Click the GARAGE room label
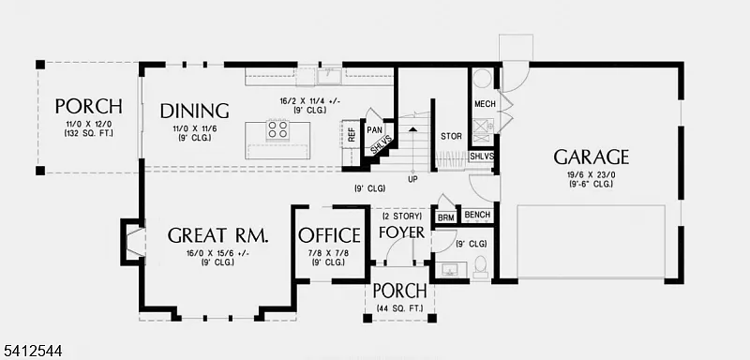click(x=591, y=157)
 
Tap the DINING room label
click(x=194, y=110)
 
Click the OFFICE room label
click(x=329, y=234)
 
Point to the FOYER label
click(x=401, y=232)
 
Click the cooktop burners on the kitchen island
click(x=278, y=129)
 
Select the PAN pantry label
click(x=374, y=129)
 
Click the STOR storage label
click(x=451, y=136)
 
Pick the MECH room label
click(x=485, y=103)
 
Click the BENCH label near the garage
click(x=477, y=216)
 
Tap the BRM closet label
click(x=446, y=217)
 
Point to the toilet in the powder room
click(x=480, y=266)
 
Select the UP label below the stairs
click(x=412, y=178)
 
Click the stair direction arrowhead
click(x=412, y=129)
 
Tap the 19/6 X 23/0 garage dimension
click(x=591, y=173)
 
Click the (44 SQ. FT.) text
click(x=399, y=308)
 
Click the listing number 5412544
click(x=35, y=351)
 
